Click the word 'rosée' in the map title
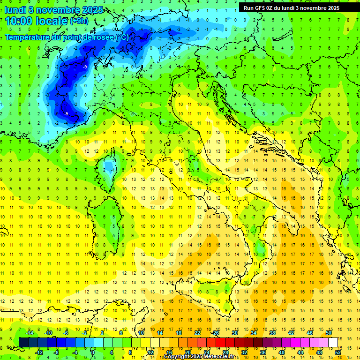click(x=103, y=37)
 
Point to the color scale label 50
click(x=329, y=333)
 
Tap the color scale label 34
click(x=254, y=333)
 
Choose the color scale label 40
click(x=282, y=352)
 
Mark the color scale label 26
click(x=216, y=333)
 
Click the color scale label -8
click(x=57, y=352)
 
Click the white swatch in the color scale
click(x=333, y=342)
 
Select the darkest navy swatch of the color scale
click(x=24, y=342)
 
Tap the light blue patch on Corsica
click(x=110, y=166)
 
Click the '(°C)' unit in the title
click(x=122, y=37)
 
